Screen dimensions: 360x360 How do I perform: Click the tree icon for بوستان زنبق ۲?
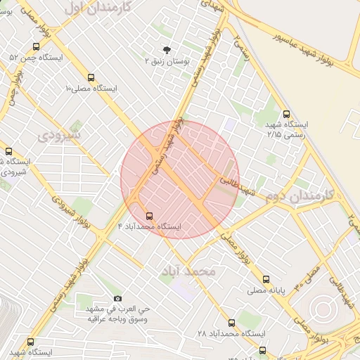(x=167, y=50)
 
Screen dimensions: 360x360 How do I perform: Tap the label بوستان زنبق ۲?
(x=167, y=62)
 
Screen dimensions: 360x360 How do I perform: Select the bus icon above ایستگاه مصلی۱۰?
(x=91, y=77)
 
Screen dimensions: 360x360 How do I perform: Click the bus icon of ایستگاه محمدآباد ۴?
(x=148, y=215)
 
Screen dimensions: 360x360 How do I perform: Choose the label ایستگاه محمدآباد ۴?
(x=149, y=226)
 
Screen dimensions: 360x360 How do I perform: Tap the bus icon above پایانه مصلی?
(x=265, y=278)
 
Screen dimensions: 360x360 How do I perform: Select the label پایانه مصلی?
(x=264, y=290)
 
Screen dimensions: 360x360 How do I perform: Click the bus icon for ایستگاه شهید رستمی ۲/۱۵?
(x=285, y=114)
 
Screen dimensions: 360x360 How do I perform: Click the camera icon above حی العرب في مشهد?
(x=117, y=298)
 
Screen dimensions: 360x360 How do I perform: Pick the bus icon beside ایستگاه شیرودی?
(x=8, y=151)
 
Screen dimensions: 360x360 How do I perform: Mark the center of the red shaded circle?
(x=180, y=179)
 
